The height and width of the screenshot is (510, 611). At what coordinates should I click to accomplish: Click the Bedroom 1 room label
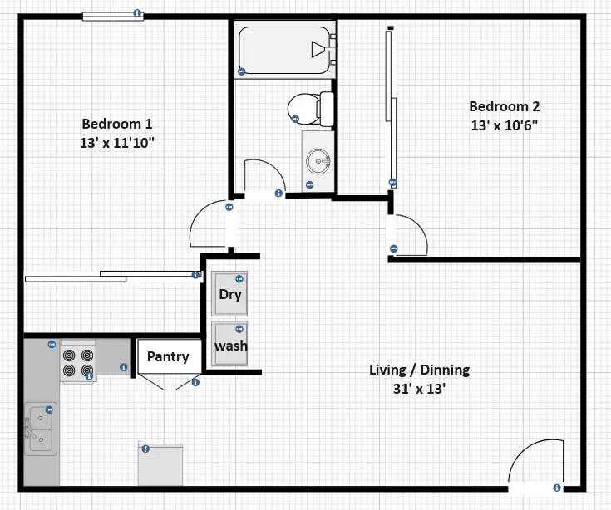point(116,124)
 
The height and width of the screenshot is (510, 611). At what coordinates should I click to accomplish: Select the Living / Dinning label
point(419,370)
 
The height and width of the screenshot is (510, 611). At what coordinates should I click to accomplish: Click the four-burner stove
point(78,362)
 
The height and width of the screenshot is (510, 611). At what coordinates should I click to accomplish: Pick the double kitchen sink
point(39,429)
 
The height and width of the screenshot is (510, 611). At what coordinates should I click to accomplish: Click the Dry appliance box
point(230,294)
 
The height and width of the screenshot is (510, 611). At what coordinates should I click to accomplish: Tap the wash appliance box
point(230,345)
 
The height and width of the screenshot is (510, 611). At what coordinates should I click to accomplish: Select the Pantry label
point(168,356)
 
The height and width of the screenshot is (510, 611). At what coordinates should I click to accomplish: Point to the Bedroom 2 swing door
point(409,234)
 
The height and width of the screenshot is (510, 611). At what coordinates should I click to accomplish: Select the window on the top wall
point(112,15)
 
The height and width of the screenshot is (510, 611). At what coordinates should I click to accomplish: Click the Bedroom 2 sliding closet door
point(389,108)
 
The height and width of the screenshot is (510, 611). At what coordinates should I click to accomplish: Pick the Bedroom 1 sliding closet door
point(112,276)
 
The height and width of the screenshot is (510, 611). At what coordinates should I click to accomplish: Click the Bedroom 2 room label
point(504,106)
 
